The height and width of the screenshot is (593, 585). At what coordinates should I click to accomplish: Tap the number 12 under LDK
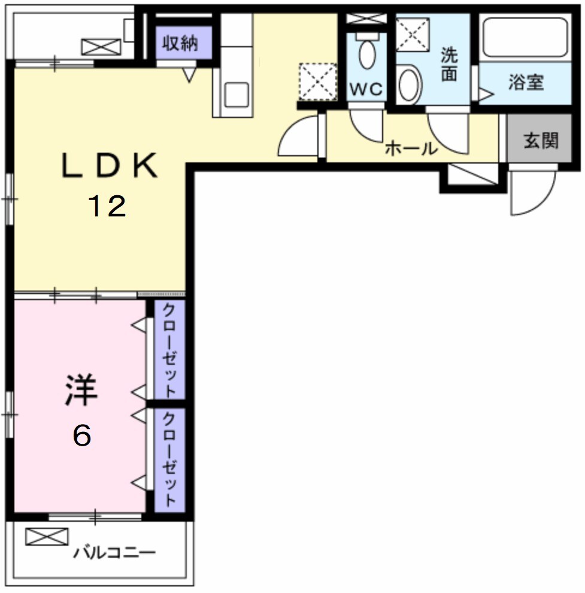[x=108, y=207]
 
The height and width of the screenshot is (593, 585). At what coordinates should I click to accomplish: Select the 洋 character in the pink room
[x=81, y=389]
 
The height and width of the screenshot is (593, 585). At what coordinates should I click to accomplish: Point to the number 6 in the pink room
[x=82, y=435]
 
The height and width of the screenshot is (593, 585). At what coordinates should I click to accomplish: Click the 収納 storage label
[x=180, y=44]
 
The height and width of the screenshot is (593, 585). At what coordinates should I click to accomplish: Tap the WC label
[x=366, y=89]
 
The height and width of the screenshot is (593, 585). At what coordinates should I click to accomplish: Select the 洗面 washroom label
[x=449, y=65]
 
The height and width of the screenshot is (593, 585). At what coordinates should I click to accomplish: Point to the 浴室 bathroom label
[x=526, y=82]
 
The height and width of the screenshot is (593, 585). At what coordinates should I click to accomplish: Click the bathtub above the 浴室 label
[x=525, y=38]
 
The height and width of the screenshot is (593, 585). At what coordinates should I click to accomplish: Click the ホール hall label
[x=411, y=148]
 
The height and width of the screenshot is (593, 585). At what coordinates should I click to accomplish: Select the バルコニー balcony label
[x=114, y=552]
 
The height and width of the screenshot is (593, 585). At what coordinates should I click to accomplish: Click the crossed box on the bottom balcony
[x=47, y=536]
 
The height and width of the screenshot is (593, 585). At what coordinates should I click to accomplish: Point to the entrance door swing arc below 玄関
[x=527, y=195]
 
